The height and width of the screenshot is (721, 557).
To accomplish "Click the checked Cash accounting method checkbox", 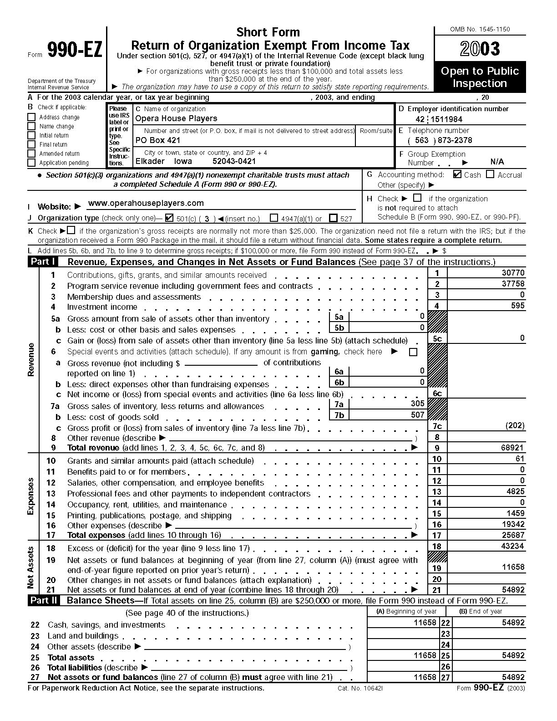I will coord(457,174).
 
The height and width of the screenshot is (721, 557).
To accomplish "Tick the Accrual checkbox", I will coord(490,174).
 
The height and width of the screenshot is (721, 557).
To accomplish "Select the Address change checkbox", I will coord(31,117).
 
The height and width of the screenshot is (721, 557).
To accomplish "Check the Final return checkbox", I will coord(31,144).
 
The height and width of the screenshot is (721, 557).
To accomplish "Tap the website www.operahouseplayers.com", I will coord(146,203).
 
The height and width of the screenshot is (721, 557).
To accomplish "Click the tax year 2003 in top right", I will coord(480,49).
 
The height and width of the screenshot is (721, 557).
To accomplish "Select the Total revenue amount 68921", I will coord(512,448).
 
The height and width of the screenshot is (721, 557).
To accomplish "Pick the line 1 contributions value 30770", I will coord(513,273).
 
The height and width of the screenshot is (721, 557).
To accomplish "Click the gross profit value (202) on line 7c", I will coord(515,426).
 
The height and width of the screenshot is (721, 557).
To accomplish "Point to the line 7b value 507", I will coord(417,415).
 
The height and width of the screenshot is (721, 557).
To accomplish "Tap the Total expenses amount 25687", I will coord(513,536).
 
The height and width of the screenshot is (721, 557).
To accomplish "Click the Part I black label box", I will coord(43,262).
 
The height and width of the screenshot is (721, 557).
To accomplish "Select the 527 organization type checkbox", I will coord(333,218).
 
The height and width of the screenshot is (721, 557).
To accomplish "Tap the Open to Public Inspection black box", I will coord(480,77).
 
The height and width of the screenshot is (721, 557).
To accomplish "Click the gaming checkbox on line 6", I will coord(413,352).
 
